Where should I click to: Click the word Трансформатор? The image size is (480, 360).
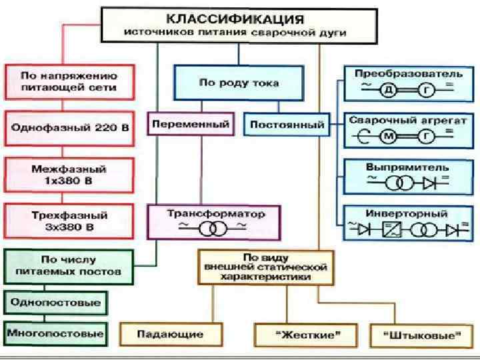213,214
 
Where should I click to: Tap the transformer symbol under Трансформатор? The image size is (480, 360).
213,229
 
